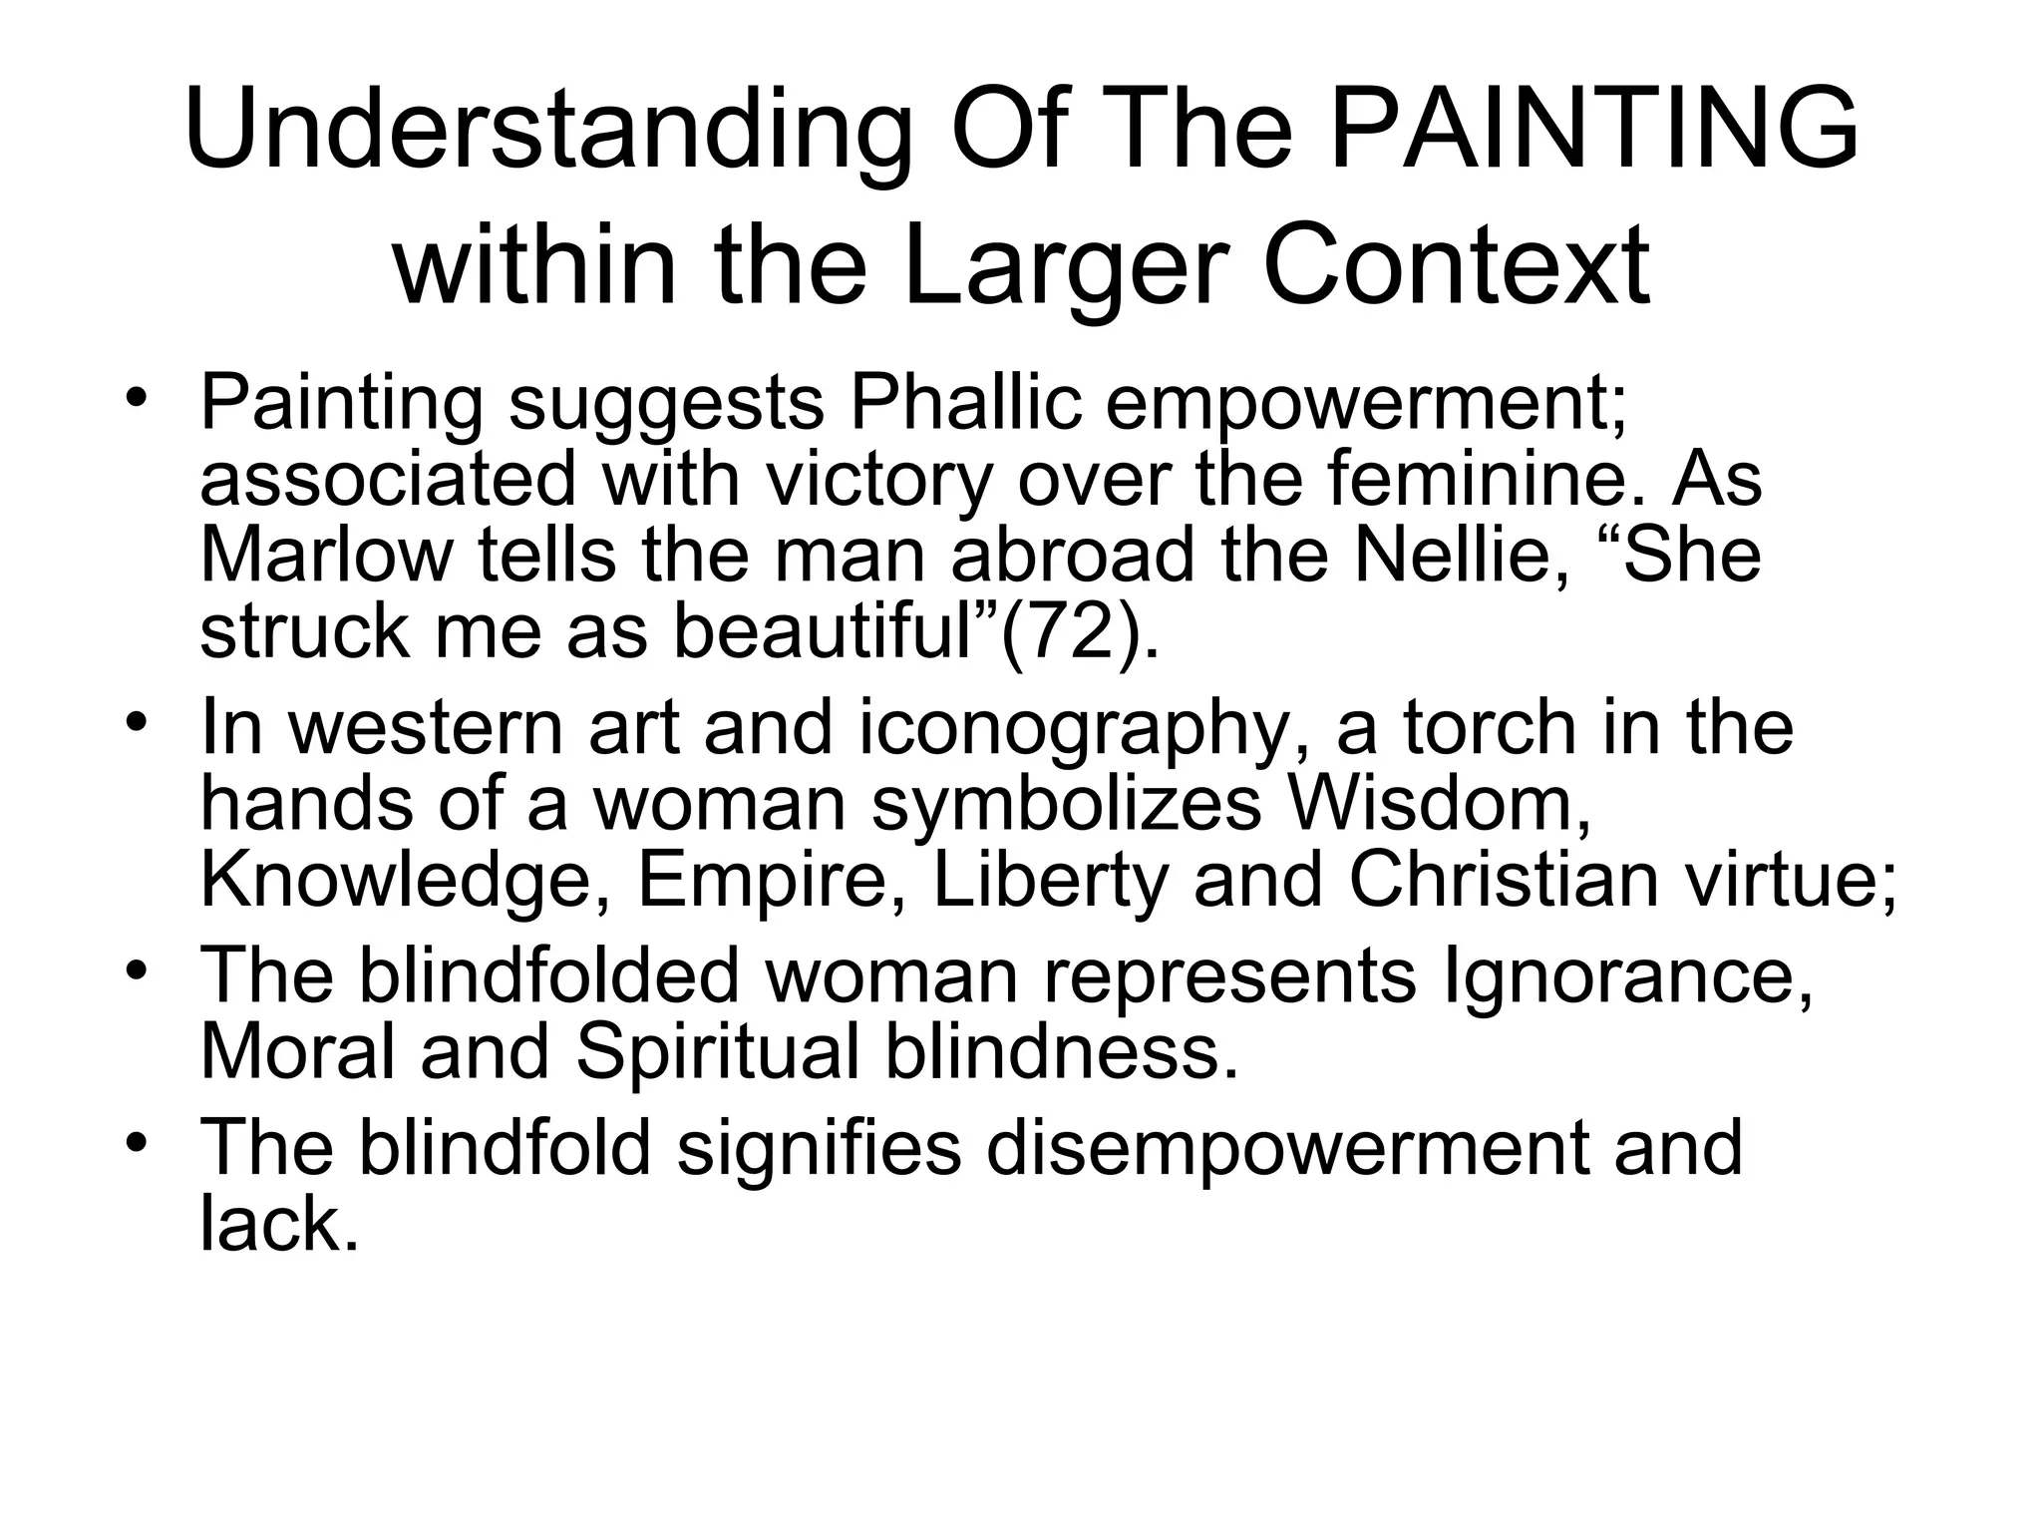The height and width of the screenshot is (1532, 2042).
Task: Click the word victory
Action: (x=879, y=479)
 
